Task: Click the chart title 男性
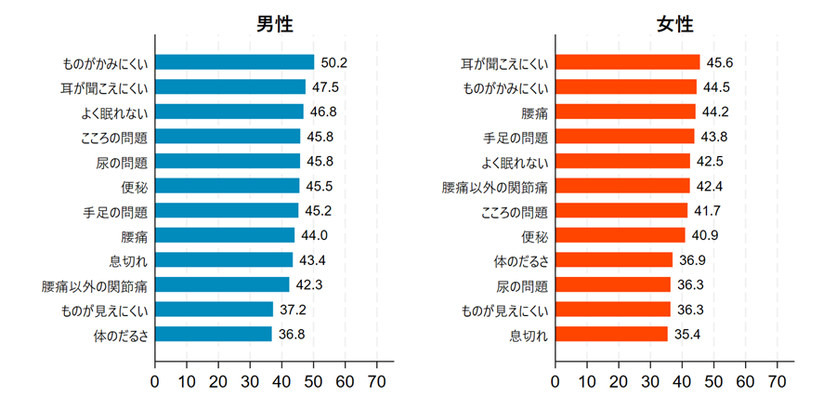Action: pos(275,25)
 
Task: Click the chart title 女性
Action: pos(674,25)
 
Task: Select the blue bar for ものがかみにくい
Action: pos(234,63)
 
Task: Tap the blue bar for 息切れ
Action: pos(224,260)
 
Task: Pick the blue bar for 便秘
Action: pos(228,186)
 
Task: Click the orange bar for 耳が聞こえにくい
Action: pos(627,63)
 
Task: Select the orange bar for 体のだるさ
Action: pos(614,260)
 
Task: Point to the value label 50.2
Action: pos(333,63)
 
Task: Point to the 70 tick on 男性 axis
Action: pos(377,380)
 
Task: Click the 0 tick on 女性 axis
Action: pos(555,380)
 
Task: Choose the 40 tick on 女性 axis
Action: pos(682,380)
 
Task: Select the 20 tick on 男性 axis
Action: pos(218,380)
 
